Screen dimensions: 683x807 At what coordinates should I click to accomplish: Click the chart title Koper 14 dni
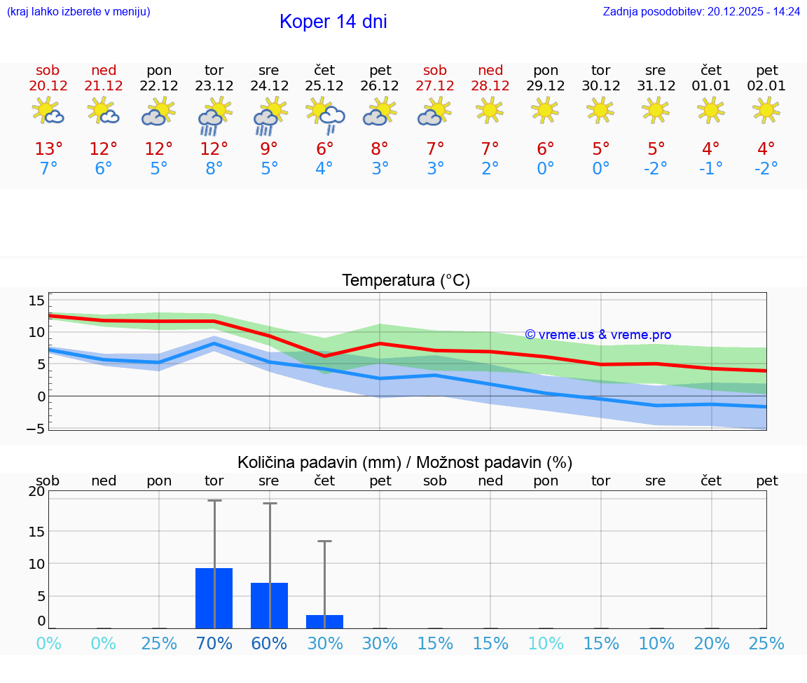point(333,22)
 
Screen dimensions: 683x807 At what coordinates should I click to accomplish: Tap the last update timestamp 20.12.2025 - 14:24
point(754,12)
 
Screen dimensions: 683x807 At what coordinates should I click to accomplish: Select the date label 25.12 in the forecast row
point(324,86)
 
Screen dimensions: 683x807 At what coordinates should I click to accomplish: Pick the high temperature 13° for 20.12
point(48,149)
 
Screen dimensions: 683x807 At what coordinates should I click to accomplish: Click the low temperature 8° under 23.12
point(214,169)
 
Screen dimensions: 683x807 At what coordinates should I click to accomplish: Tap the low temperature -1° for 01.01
point(711,169)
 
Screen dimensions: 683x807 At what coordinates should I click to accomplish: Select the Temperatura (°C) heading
point(406,281)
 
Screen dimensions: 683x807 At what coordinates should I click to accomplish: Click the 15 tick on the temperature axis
point(37,301)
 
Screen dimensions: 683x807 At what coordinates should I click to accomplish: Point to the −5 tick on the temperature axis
point(36,429)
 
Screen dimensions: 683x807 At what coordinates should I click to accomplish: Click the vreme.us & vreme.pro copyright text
point(598,335)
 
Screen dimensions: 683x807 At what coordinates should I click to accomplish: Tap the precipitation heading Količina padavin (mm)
point(319,462)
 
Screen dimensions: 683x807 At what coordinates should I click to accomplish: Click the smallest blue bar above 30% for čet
point(324,621)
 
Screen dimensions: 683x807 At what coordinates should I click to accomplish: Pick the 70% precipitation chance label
point(214,644)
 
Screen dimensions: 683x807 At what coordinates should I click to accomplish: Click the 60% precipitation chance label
point(269,644)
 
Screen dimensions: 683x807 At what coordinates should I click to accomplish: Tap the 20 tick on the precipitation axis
point(37,492)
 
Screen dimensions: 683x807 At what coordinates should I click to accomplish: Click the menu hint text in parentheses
point(78,12)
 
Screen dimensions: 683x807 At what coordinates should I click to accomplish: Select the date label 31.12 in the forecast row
point(656,86)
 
